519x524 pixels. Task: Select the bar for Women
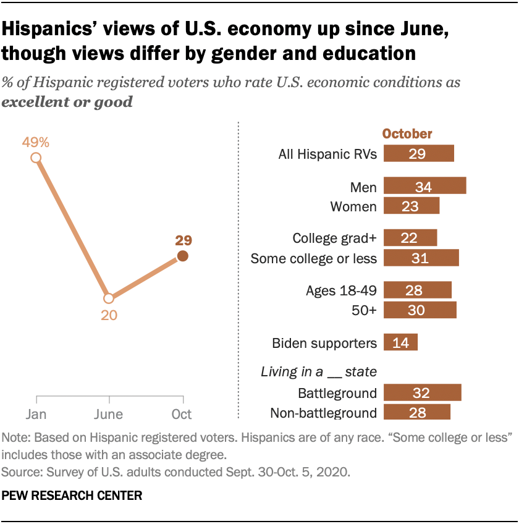(x=411, y=206)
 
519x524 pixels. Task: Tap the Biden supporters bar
(x=400, y=342)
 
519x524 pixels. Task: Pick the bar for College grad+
(x=410, y=238)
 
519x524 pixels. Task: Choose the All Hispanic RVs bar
(x=419, y=154)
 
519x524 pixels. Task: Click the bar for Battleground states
(x=423, y=393)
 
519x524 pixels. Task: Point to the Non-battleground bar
(x=417, y=412)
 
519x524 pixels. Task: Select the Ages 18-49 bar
(x=418, y=290)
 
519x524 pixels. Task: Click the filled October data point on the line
(x=182, y=256)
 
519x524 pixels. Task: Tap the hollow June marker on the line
(x=109, y=298)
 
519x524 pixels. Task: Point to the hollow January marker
(x=36, y=158)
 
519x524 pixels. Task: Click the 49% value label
(x=36, y=142)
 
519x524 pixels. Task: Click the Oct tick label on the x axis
(x=182, y=414)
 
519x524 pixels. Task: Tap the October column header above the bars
(x=407, y=133)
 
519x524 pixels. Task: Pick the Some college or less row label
(x=313, y=258)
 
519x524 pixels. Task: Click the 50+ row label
(x=363, y=310)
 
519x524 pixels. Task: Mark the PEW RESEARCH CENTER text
(x=72, y=495)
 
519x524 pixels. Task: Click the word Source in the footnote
(x=19, y=473)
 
